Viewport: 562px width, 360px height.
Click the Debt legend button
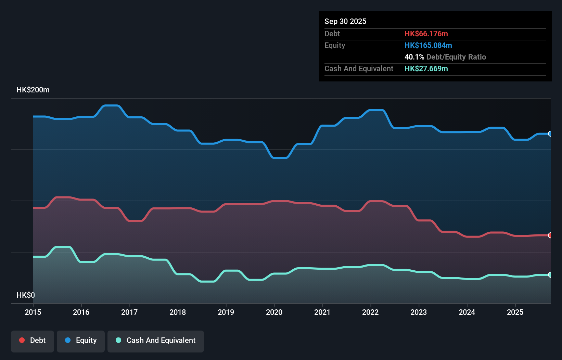pyautogui.click(x=32, y=340)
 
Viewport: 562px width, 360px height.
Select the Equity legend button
pyautogui.click(x=81, y=340)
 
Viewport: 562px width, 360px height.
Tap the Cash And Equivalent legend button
pyautogui.click(x=156, y=340)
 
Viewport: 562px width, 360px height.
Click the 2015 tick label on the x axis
pyautogui.click(x=33, y=312)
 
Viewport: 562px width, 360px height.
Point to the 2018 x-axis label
pyautogui.click(x=178, y=312)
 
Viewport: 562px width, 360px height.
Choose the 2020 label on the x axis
pyautogui.click(x=274, y=312)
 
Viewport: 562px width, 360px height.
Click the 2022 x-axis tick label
pyautogui.click(x=370, y=312)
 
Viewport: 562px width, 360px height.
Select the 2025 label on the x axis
pyautogui.click(x=515, y=312)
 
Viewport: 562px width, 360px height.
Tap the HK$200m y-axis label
pyautogui.click(x=33, y=90)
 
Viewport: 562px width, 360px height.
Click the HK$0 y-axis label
pyautogui.click(x=26, y=295)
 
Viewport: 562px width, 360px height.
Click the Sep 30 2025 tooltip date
pyautogui.click(x=345, y=21)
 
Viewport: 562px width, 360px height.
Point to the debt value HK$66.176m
pyautogui.click(x=426, y=34)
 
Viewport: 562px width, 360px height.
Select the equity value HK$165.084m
pyautogui.click(x=428, y=45)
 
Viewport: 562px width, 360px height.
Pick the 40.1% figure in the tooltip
pyautogui.click(x=414, y=57)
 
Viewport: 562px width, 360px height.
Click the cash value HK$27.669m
pyautogui.click(x=426, y=68)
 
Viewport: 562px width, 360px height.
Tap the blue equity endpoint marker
pyautogui.click(x=550, y=134)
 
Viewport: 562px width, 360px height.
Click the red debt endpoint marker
pyautogui.click(x=550, y=235)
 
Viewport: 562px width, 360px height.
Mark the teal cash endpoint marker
pyautogui.click(x=550, y=275)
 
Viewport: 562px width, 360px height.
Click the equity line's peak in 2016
pyautogui.click(x=111, y=105)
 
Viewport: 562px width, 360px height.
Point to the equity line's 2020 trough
pyautogui.click(x=280, y=158)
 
